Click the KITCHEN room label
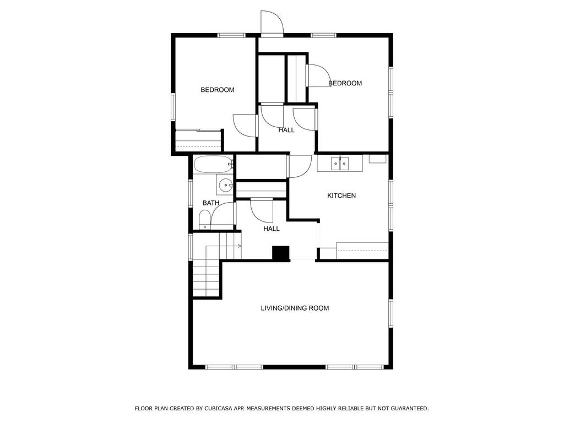coord(341,196)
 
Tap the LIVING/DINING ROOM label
coord(295,308)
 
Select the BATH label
coord(211,203)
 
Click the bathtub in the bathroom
coord(213,165)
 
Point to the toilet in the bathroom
coord(205,220)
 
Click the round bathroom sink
coord(225,186)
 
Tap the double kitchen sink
coord(340,164)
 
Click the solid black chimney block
coord(281,253)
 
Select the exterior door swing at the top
coord(272,23)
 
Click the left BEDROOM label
coord(217,90)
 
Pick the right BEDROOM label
coord(345,84)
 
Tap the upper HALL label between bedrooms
coord(286,130)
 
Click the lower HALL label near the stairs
coord(271,229)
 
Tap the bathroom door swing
coord(223,214)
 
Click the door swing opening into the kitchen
coord(299,166)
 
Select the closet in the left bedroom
coord(198,140)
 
